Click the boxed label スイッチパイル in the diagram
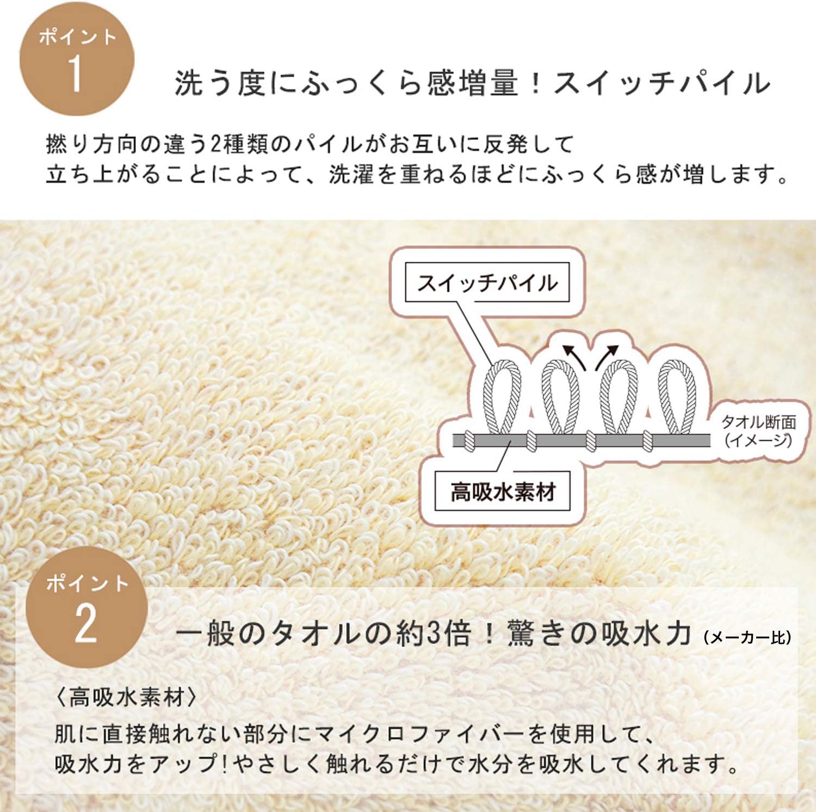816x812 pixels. point(487,282)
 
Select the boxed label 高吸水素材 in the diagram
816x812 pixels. point(502,491)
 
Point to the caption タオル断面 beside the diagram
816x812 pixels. point(758,422)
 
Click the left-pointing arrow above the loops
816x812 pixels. point(574,356)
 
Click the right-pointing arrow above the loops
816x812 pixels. point(607,356)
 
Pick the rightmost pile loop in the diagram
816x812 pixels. point(677,397)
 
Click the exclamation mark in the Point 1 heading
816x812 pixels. point(535,83)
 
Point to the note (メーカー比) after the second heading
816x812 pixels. point(747,637)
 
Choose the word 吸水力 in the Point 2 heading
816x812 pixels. point(645,633)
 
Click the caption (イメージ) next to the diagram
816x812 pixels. point(758,440)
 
